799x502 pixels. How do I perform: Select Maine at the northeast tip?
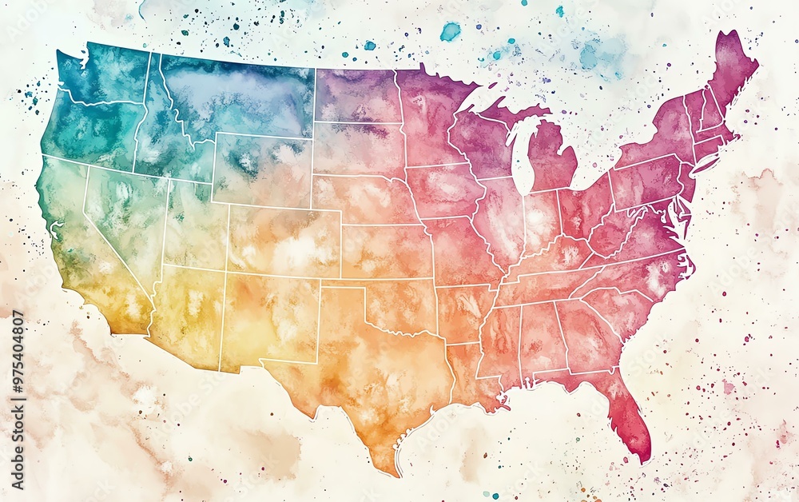point(731,68)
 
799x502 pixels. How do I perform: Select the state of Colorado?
point(284,240)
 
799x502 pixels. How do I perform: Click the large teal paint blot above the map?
point(451,31)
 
